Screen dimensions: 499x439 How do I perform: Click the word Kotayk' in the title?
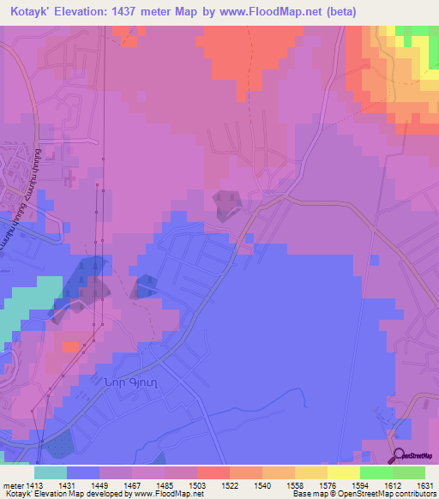[x=33, y=12]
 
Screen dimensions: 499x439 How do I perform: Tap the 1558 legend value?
[x=277, y=484]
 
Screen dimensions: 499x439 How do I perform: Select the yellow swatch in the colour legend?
[x=343, y=472]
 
